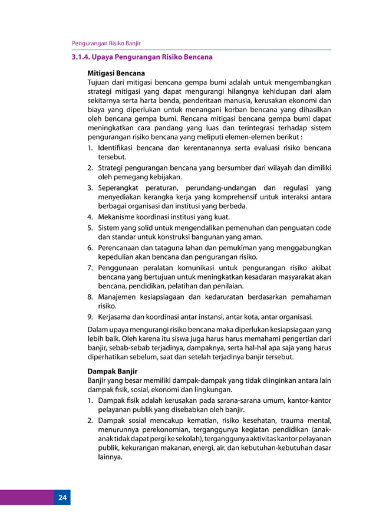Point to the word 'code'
pyautogui.click(x=322, y=228)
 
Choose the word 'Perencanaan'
pyautogui.click(x=120, y=248)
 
